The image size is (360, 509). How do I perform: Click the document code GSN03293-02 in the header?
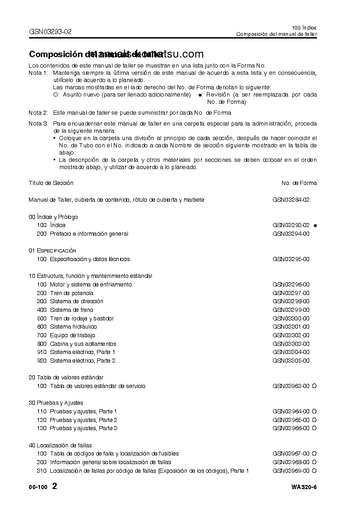(50, 32)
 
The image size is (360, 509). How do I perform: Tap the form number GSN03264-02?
(291, 200)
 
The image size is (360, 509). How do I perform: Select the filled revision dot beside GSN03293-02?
(315, 226)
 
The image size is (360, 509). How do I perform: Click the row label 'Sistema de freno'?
(71, 310)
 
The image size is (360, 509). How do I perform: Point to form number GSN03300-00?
(291, 319)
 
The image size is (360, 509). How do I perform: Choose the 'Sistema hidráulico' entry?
(73, 327)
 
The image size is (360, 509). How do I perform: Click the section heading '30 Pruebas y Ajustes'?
(56, 403)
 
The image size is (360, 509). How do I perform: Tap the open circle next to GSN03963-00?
(314, 386)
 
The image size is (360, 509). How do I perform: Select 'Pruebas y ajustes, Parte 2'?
(83, 420)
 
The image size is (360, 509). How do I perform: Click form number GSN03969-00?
(291, 471)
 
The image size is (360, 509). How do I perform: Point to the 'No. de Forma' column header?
(299, 183)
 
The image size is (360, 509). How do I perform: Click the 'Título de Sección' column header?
(51, 183)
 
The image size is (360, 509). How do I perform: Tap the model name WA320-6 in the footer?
(304, 488)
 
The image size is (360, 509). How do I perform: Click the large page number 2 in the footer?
(54, 487)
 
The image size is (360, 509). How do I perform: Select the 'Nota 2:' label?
(38, 112)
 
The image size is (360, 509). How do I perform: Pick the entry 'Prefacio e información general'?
(89, 234)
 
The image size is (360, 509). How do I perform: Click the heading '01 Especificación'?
(52, 251)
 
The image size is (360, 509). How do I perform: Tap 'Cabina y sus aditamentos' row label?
(83, 344)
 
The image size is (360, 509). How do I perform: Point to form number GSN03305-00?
(291, 361)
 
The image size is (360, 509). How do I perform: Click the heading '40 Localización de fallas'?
(60, 446)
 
